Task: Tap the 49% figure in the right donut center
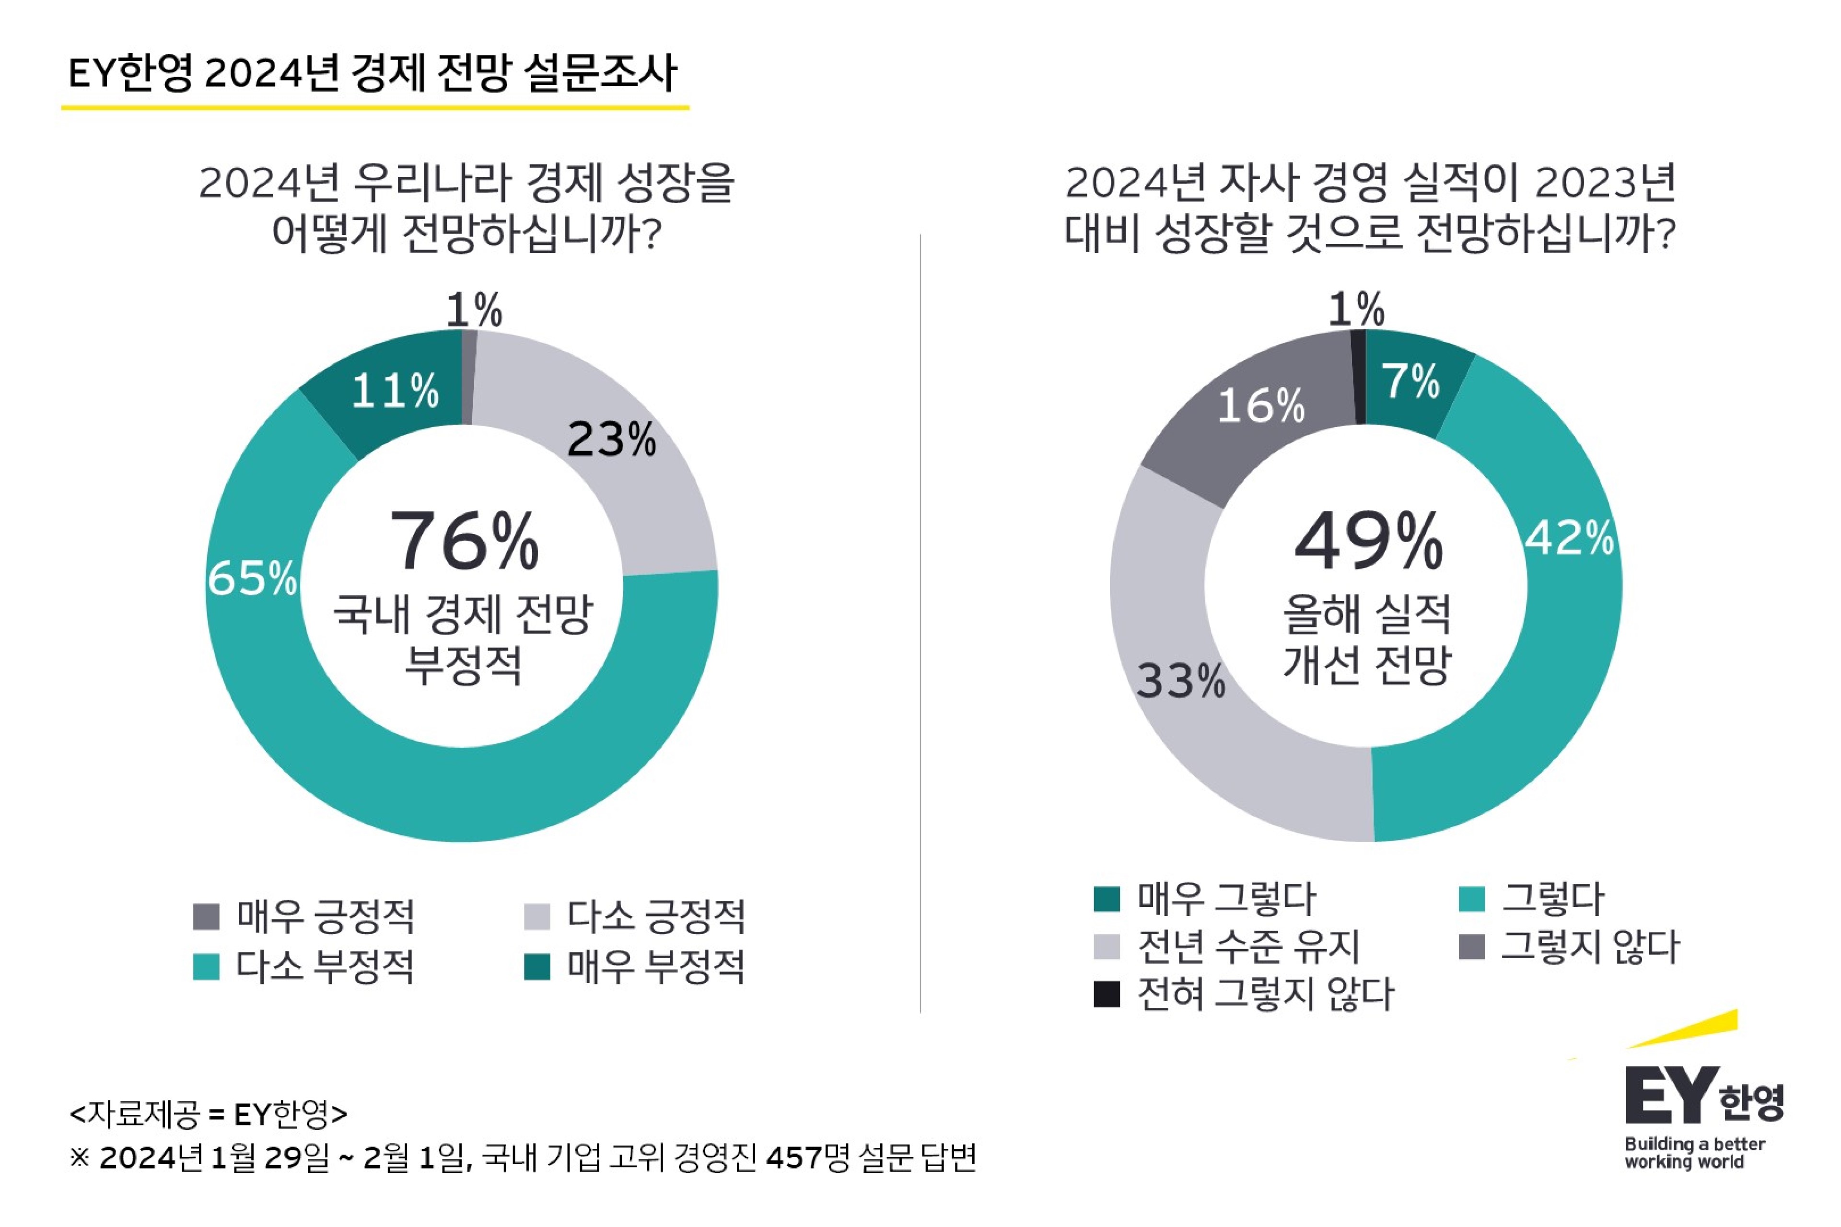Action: tap(1368, 542)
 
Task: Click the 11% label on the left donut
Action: tap(395, 391)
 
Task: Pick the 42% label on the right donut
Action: tap(1569, 538)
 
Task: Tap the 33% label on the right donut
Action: tap(1180, 681)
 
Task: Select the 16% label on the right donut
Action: tap(1261, 406)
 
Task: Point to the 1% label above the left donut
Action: tap(474, 310)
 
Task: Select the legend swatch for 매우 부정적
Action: tap(537, 966)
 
